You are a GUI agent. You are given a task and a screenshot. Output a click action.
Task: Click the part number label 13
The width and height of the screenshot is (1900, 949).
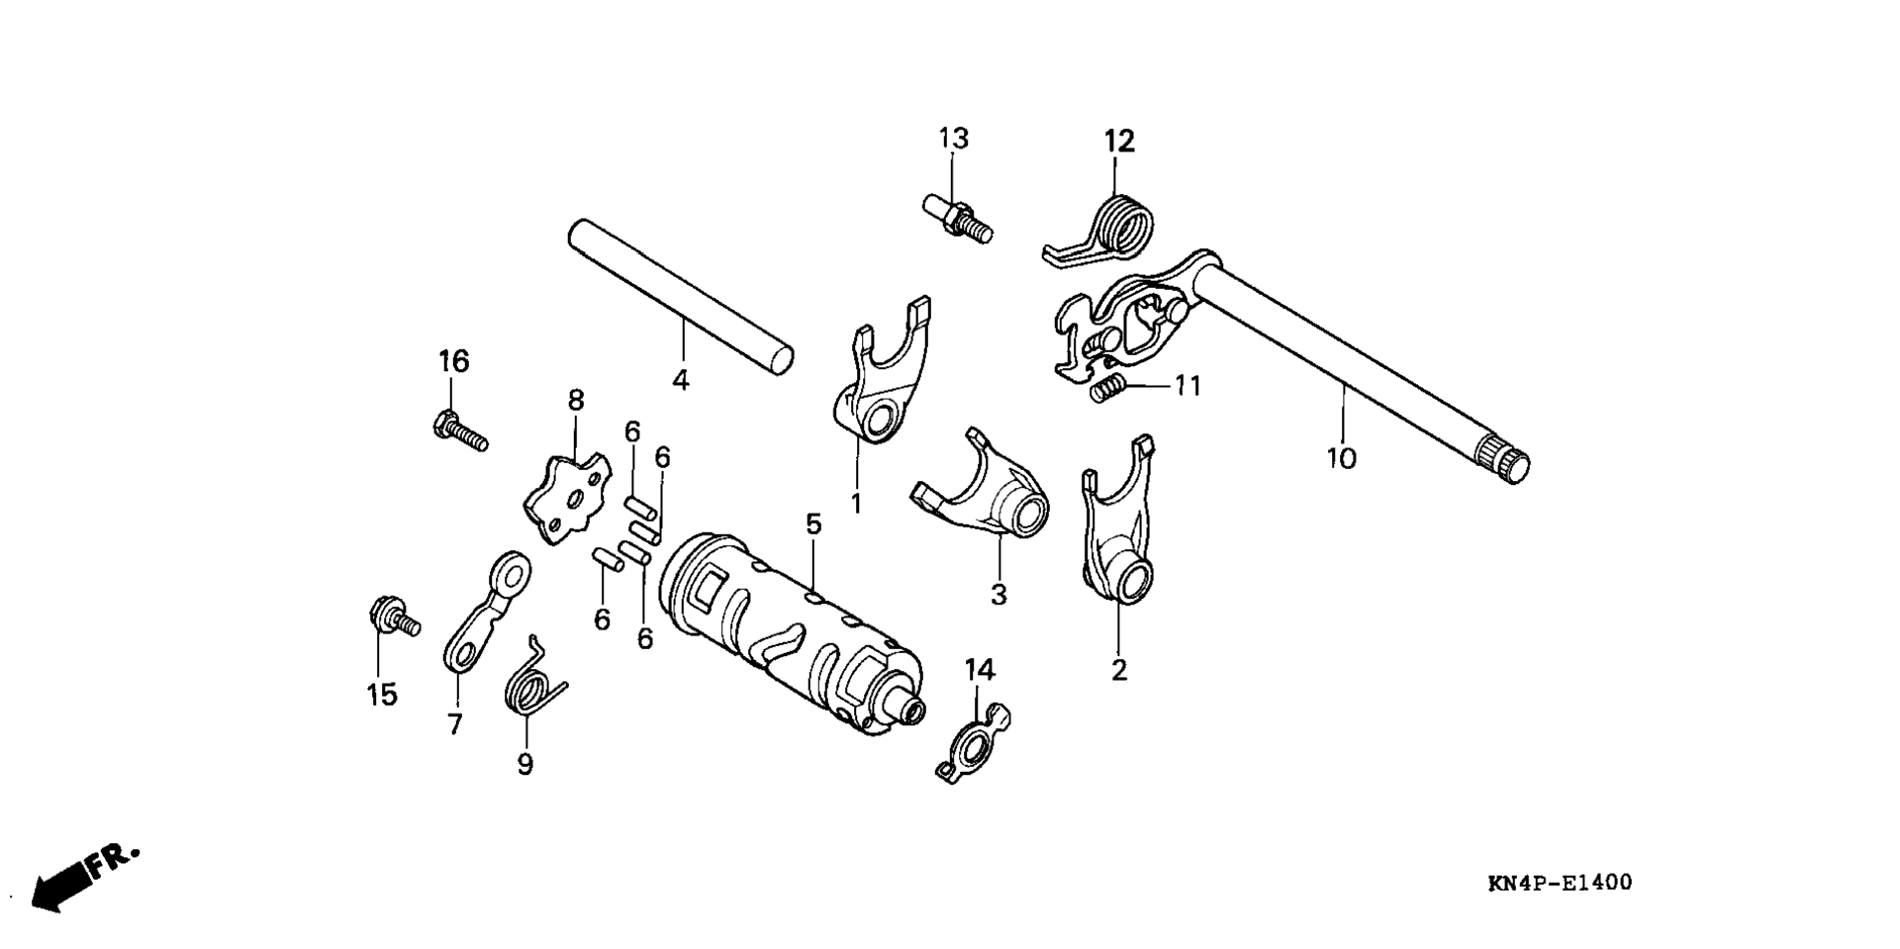tap(954, 139)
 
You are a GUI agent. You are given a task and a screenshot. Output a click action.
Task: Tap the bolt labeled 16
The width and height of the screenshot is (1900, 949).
tap(461, 431)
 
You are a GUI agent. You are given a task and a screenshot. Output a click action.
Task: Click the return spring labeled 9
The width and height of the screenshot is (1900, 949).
tap(532, 675)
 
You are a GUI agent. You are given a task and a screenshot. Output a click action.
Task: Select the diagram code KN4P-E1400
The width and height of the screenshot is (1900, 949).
tap(1560, 883)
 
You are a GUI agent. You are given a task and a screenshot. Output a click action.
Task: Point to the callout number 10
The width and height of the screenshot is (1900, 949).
tap(1342, 459)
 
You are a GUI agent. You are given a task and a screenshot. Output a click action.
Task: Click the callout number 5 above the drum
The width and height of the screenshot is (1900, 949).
tap(813, 524)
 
